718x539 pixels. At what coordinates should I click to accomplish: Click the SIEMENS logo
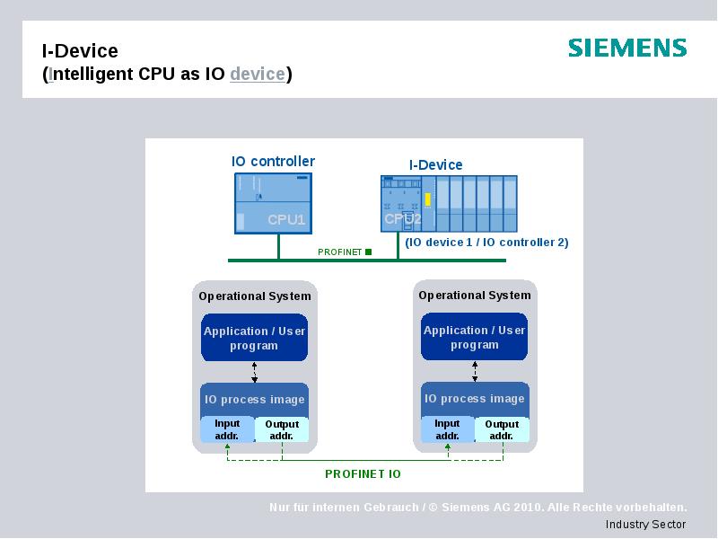(x=627, y=48)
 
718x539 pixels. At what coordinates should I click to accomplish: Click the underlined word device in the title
(x=258, y=74)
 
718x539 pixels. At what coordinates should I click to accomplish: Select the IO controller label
(x=273, y=162)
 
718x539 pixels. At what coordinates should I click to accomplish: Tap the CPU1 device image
(x=273, y=203)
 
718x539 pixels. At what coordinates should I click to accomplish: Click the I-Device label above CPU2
(x=436, y=164)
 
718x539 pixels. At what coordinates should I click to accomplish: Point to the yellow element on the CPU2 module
(x=428, y=199)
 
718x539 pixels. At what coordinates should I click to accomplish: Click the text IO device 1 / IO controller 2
(x=486, y=243)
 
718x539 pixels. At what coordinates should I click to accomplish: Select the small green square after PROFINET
(x=368, y=252)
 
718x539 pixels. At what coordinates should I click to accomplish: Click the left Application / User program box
(x=254, y=338)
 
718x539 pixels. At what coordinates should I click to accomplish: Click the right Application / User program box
(x=474, y=337)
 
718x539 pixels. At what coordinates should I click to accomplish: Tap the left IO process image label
(x=255, y=400)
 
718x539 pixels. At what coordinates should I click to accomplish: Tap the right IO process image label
(x=474, y=399)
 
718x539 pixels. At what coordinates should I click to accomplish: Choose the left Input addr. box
(x=227, y=429)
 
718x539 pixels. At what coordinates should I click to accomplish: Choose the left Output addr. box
(x=282, y=430)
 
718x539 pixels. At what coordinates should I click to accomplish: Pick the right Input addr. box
(x=447, y=429)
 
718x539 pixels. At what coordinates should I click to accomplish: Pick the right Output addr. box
(x=502, y=429)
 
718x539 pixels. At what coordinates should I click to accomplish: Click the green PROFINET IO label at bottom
(x=363, y=473)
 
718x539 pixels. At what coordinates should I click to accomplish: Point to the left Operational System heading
(x=255, y=296)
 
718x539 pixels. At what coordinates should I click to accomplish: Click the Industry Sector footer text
(x=645, y=525)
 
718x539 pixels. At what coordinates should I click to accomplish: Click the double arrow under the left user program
(x=255, y=372)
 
